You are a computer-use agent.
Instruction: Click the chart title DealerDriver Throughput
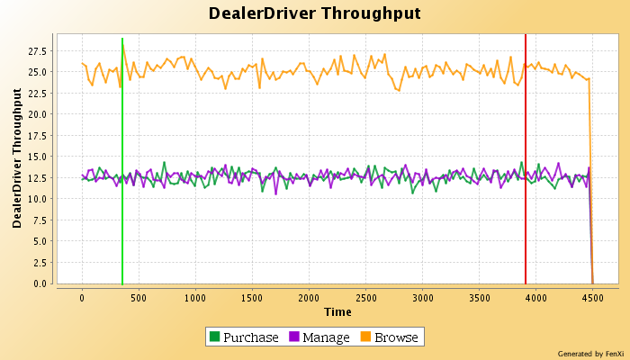click(x=314, y=13)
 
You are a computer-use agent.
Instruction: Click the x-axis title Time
click(x=337, y=311)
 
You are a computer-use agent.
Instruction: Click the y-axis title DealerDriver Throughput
click(x=16, y=158)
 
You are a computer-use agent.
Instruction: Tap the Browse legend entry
click(x=396, y=337)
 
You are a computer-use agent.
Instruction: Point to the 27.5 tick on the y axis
click(x=40, y=51)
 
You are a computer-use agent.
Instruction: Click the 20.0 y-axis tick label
click(x=40, y=114)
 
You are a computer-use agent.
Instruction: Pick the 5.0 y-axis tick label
click(x=43, y=241)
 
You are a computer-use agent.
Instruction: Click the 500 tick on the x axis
click(x=139, y=296)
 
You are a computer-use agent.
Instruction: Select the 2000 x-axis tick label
click(x=309, y=296)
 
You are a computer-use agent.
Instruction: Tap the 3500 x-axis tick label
click(x=479, y=296)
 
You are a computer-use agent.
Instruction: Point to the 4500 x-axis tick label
click(x=592, y=296)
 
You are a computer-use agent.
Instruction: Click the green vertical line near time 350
click(x=122, y=162)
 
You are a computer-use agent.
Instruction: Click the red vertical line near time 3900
click(x=526, y=162)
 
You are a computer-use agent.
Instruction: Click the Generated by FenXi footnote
click(x=590, y=354)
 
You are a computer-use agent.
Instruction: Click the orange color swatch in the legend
click(x=366, y=337)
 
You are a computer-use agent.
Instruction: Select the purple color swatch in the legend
click(x=293, y=337)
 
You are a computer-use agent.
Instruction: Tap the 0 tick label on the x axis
click(x=82, y=296)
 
